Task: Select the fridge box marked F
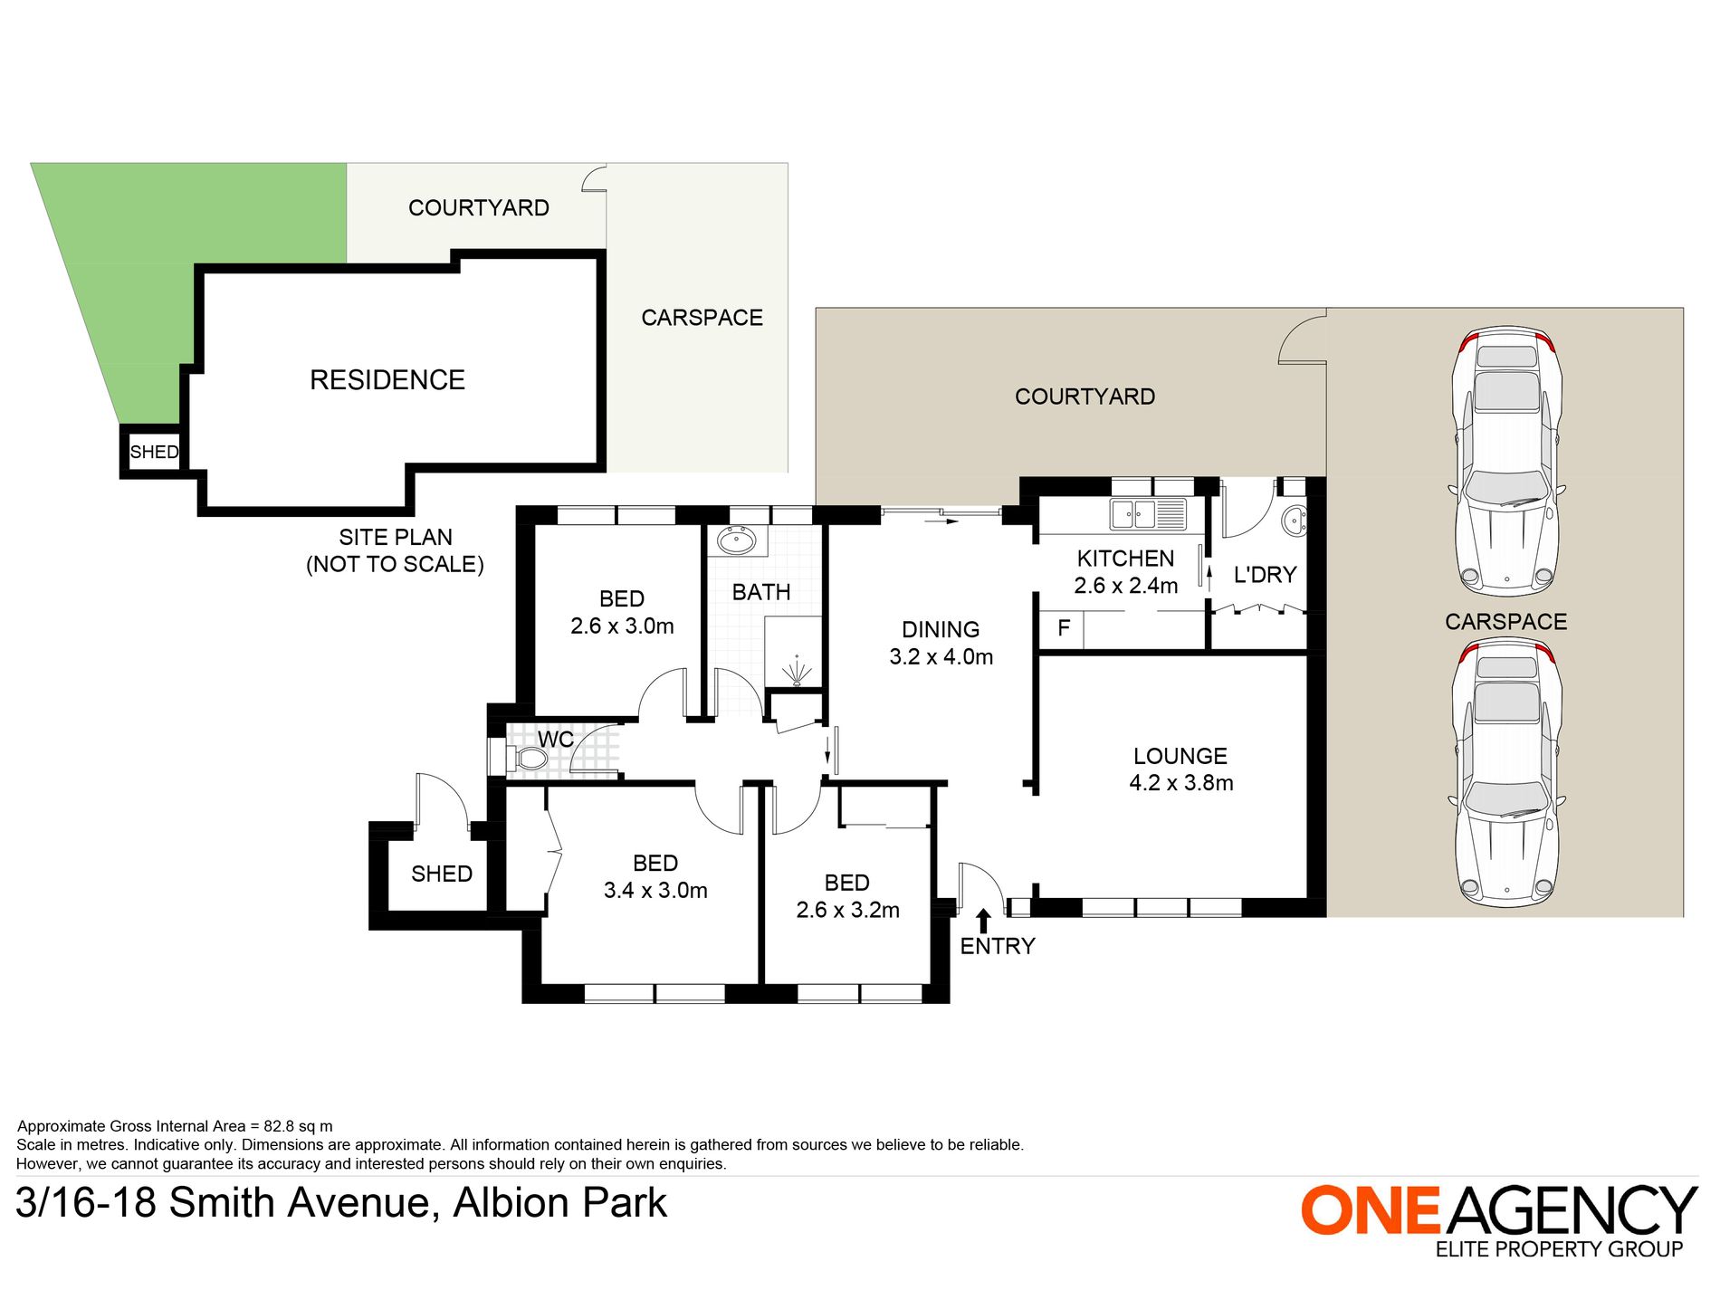[x=1063, y=628]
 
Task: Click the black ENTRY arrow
[x=984, y=921]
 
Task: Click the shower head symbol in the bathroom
[x=798, y=673]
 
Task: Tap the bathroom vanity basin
[x=736, y=541]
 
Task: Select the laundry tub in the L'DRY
[x=1295, y=521]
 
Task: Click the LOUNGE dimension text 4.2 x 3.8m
[x=1180, y=783]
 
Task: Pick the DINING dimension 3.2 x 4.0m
[x=941, y=657]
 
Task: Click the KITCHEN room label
[x=1125, y=559]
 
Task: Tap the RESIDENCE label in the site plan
[x=387, y=379]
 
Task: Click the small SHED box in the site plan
[x=153, y=452]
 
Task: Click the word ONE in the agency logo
[x=1371, y=1210]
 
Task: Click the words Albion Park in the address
[x=559, y=1203]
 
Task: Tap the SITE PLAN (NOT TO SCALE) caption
[x=395, y=550]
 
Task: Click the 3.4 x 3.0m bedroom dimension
[x=655, y=891]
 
